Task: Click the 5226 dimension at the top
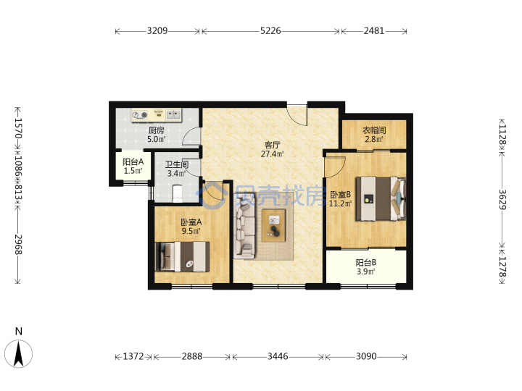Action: tap(270, 31)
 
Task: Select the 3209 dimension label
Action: tap(157, 31)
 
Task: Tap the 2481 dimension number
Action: tap(374, 31)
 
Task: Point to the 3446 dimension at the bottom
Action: tap(278, 356)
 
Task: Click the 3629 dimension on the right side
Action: tap(502, 200)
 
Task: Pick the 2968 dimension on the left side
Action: tap(18, 245)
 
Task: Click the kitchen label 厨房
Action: tap(156, 130)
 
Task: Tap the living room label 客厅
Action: tap(273, 145)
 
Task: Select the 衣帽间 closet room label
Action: tap(374, 130)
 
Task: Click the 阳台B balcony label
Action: tap(366, 263)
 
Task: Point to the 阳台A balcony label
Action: tap(133, 162)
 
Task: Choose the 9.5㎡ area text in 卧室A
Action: tap(191, 231)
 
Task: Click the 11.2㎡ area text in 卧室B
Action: tap(340, 203)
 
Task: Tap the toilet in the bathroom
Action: tap(178, 193)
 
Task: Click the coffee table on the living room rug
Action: tap(273, 225)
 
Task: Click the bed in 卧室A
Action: tap(183, 256)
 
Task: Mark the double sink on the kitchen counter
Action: tap(173, 115)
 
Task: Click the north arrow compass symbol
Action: tap(19, 353)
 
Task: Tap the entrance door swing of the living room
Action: tap(297, 115)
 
